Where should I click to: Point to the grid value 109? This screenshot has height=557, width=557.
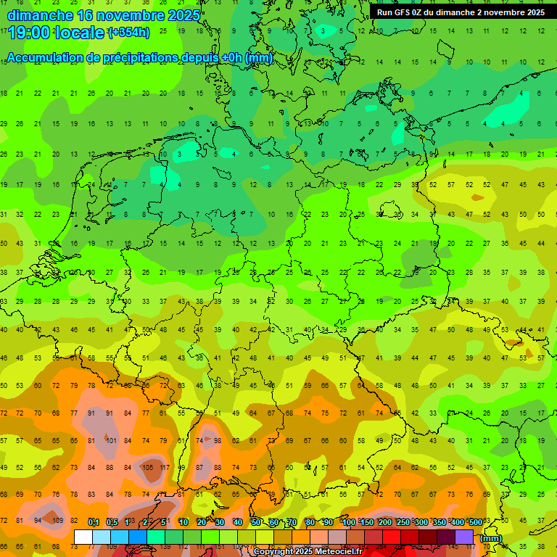57,521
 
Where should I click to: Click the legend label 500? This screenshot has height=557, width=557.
475,522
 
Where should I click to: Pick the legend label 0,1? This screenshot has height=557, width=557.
94,522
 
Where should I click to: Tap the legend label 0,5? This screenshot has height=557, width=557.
112,522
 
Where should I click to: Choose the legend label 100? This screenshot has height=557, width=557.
349,522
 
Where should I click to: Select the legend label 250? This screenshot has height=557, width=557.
403,522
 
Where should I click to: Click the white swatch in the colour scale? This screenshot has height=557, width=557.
83,537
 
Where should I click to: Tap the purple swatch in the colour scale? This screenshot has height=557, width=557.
464,537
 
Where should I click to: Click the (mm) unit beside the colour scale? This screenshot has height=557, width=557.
491,537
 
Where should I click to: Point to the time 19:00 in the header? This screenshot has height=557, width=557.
30,32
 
